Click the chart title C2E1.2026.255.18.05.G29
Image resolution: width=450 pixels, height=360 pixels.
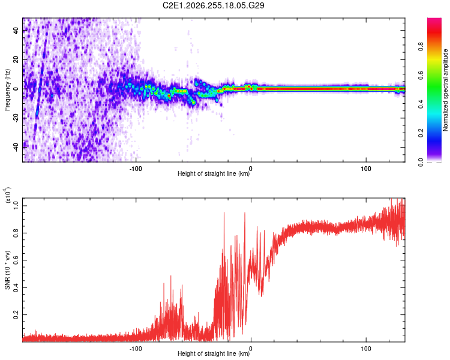tap(213, 5)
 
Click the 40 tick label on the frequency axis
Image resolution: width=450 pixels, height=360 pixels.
tap(16, 31)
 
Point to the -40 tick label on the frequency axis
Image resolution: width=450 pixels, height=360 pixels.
tap(16, 147)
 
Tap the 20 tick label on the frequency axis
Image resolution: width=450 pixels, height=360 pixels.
tap(16, 60)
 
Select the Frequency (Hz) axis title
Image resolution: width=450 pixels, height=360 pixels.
tap(7, 89)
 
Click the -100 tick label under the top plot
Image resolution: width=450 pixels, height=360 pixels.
tap(136, 169)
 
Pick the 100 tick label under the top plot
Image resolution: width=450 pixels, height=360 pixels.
tap(365, 169)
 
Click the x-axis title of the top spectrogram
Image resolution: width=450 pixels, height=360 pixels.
tap(214, 173)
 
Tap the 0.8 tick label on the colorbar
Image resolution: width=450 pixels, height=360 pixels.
tap(421, 47)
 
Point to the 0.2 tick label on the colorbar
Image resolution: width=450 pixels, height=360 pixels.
tap(421, 133)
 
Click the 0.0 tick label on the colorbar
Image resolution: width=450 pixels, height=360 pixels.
tap(421, 162)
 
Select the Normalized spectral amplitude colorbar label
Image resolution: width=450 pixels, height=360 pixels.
tap(445, 90)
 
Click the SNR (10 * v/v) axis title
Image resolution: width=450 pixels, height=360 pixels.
tap(7, 270)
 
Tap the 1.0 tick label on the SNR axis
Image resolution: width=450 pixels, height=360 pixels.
tap(16, 206)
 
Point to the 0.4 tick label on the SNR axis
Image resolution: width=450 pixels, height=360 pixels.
tap(16, 287)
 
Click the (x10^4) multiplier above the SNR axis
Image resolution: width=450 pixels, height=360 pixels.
tap(8, 196)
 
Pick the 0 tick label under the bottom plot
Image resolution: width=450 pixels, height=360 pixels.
tap(251, 349)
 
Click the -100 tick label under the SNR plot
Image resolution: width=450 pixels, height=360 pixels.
tap(136, 349)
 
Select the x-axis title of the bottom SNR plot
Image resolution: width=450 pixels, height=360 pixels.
tap(214, 353)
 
